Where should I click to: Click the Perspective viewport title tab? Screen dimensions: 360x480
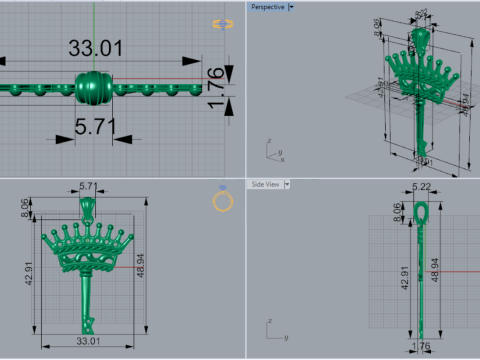pyautogui.click(x=266, y=7)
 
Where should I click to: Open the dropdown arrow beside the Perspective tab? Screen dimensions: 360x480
pyautogui.click(x=291, y=7)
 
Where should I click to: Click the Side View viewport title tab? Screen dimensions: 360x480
pyautogui.click(x=265, y=184)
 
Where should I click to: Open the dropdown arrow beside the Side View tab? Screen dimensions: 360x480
pyautogui.click(x=288, y=184)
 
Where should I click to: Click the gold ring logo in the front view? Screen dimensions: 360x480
pyautogui.click(x=223, y=202)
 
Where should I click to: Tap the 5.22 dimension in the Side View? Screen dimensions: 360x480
pyautogui.click(x=421, y=187)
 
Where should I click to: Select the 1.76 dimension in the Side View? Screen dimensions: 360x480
pyautogui.click(x=422, y=346)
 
